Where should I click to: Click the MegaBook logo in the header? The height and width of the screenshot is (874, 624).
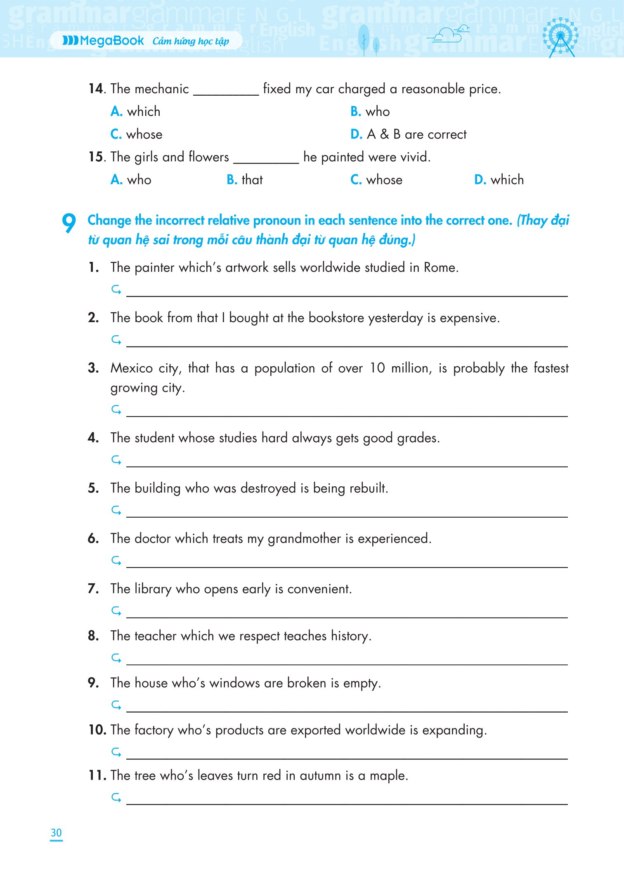(x=103, y=41)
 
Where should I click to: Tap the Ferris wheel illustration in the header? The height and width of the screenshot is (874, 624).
(x=560, y=36)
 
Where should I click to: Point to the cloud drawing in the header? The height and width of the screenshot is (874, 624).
(x=448, y=34)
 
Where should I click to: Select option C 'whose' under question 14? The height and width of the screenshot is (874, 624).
(x=137, y=134)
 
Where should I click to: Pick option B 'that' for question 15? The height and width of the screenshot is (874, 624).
(x=245, y=180)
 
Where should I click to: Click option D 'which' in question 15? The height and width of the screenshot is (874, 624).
(x=499, y=180)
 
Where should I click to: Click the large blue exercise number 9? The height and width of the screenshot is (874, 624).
(x=69, y=223)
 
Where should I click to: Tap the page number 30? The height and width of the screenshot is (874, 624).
(x=56, y=833)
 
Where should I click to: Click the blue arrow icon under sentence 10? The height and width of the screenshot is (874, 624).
(x=116, y=752)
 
